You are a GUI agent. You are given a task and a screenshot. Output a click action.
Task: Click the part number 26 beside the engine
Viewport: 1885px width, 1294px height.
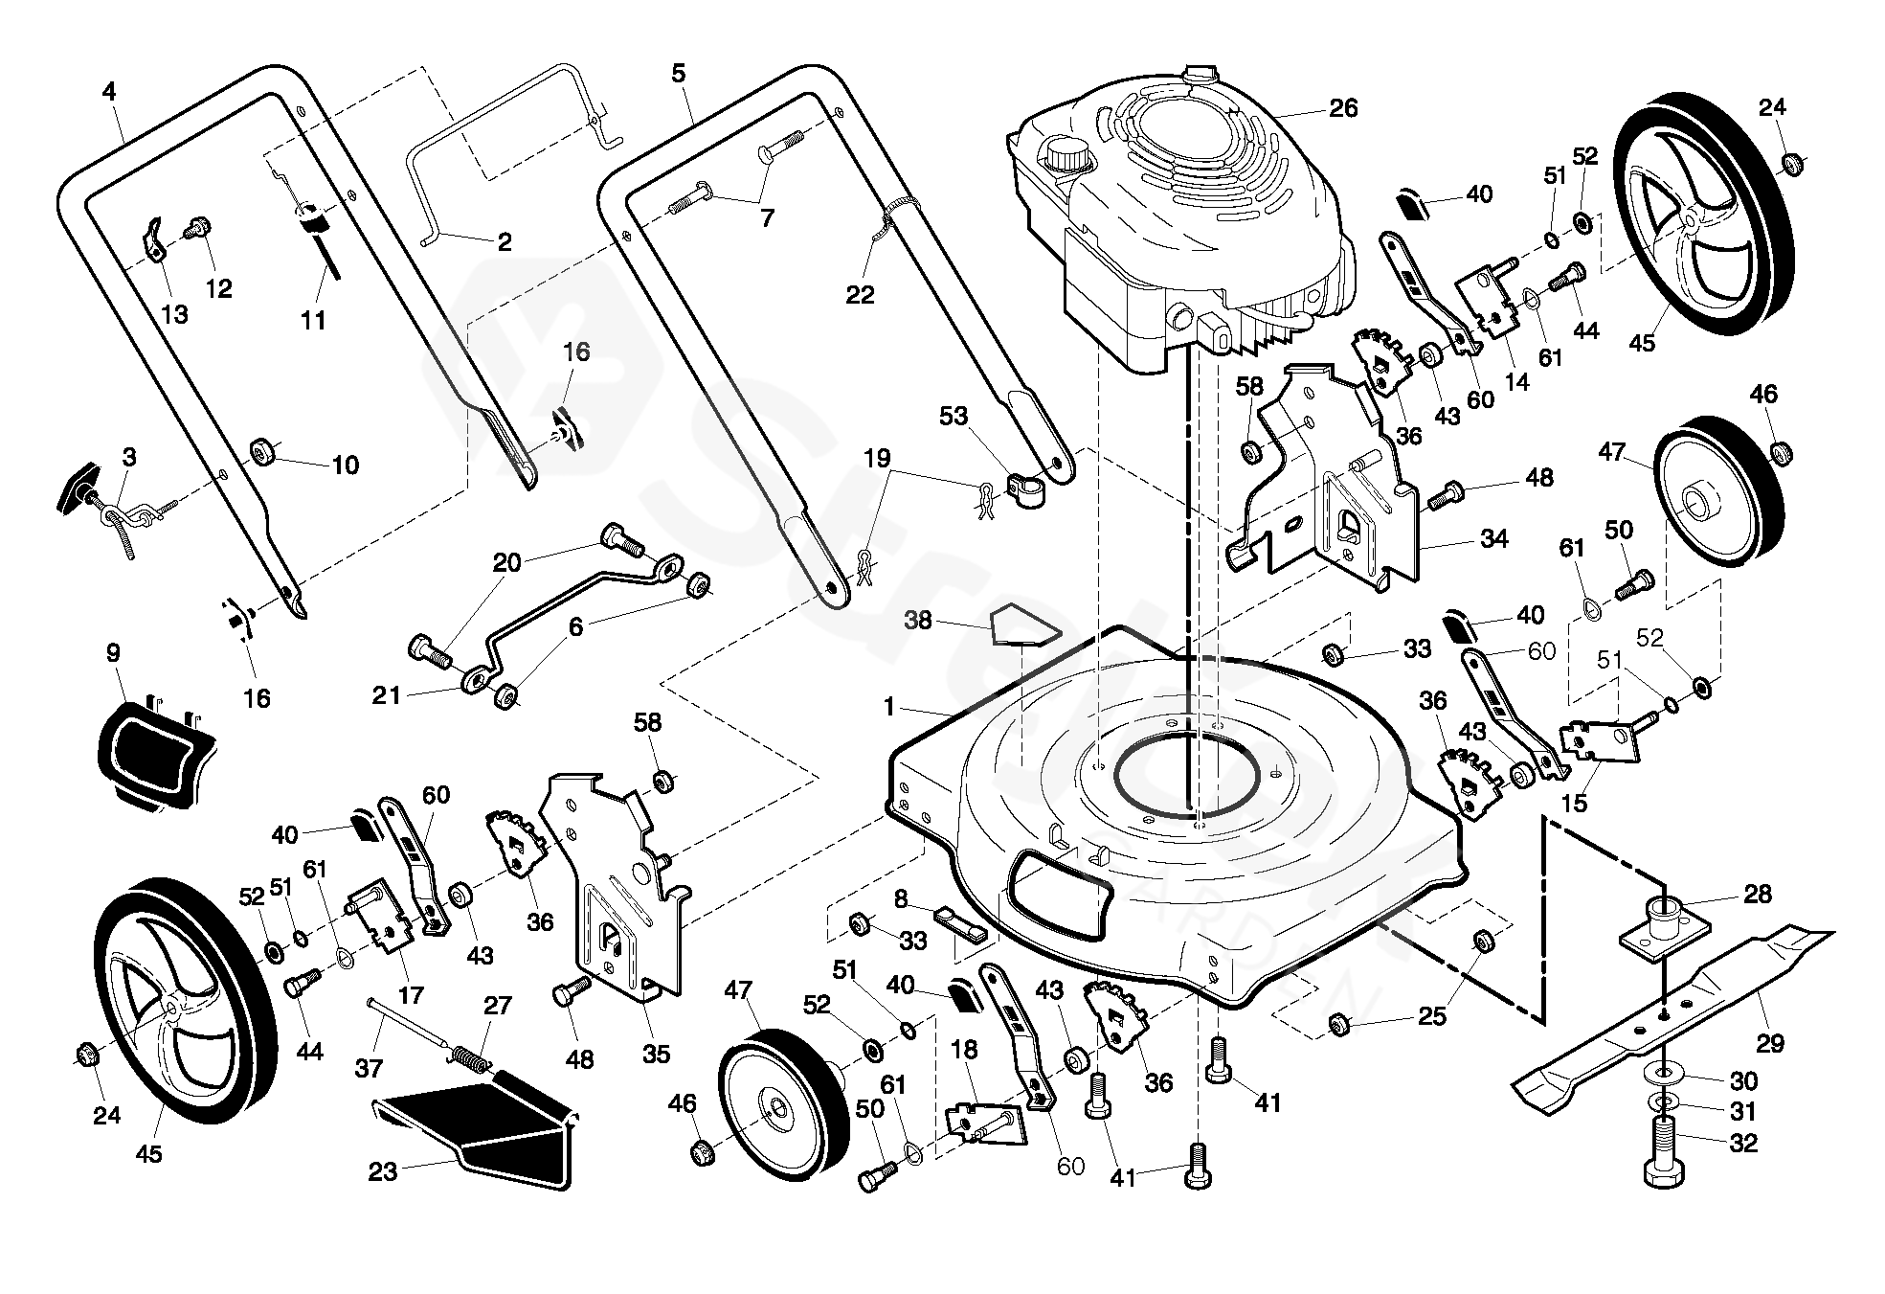pyautogui.click(x=1343, y=108)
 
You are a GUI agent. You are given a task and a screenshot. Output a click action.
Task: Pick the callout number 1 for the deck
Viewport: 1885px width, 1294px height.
pyautogui.click(x=889, y=708)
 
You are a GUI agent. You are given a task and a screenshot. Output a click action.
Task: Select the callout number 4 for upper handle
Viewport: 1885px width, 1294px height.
pyautogui.click(x=108, y=92)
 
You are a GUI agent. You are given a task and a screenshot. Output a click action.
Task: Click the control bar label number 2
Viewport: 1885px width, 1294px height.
pyautogui.click(x=505, y=241)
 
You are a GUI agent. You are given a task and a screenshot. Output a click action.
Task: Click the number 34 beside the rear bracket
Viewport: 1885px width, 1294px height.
pyautogui.click(x=1493, y=538)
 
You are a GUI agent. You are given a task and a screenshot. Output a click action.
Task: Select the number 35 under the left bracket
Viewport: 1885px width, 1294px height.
pyautogui.click(x=655, y=1054)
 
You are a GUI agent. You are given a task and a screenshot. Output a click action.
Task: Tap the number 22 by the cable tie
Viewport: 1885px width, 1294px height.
pyautogui.click(x=860, y=294)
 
